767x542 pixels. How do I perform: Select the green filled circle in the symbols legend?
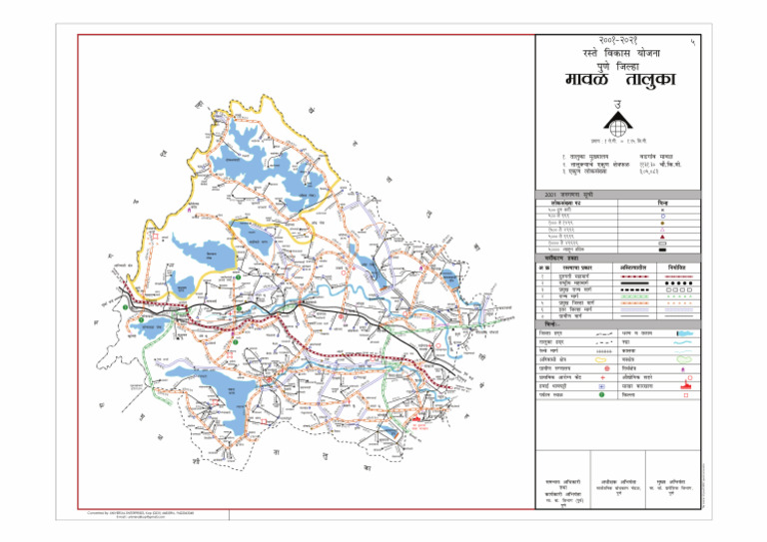[602, 394]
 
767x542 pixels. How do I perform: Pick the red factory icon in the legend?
[683, 384]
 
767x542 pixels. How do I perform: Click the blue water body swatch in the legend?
[683, 331]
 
